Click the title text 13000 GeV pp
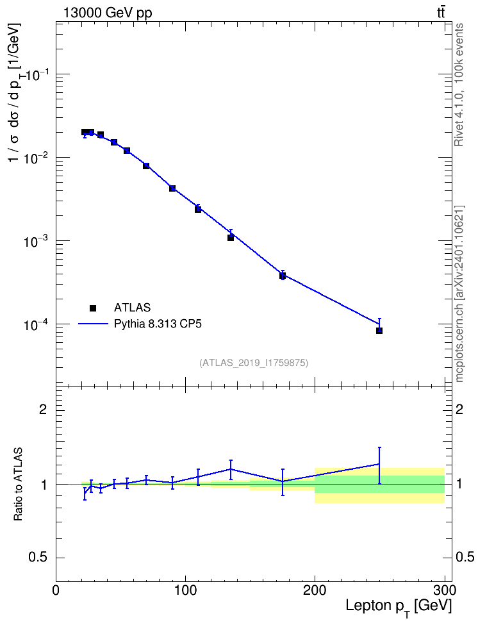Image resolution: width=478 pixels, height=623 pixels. [x=107, y=13]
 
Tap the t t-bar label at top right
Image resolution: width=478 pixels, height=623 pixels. [x=441, y=13]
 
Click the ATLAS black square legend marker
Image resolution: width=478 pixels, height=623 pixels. [x=93, y=308]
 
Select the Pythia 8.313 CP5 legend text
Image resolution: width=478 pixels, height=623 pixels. [x=158, y=324]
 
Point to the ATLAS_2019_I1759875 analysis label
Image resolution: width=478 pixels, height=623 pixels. [x=254, y=363]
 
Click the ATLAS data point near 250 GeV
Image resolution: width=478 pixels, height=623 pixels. [x=379, y=331]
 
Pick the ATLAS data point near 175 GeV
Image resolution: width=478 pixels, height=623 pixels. [x=283, y=276]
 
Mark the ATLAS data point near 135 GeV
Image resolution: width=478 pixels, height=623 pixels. [x=231, y=238]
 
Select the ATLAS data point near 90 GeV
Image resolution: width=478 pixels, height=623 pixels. [x=172, y=188]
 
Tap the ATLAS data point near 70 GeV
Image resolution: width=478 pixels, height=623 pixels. [x=146, y=165]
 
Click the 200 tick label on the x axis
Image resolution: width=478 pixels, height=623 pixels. [x=315, y=590]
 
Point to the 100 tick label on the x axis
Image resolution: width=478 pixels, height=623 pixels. [x=186, y=590]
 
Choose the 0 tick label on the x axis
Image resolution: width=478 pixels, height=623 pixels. [x=56, y=590]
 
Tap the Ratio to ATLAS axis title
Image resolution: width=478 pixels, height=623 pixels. [x=19, y=485]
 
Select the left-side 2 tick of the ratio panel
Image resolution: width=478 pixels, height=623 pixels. [x=43, y=410]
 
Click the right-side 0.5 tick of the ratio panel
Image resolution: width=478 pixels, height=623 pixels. [x=465, y=558]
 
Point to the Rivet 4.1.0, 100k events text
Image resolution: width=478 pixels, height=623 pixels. [x=459, y=85]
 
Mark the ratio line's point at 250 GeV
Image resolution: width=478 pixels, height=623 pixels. [x=379, y=463]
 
